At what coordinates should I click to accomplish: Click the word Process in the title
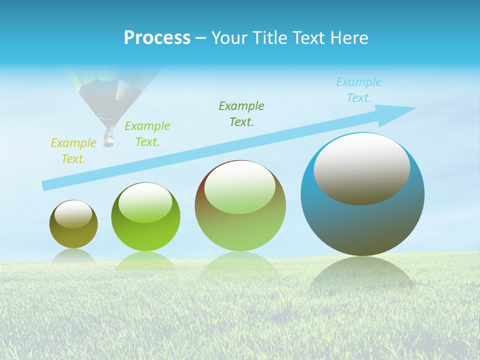click(x=157, y=38)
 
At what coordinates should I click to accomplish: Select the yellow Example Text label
click(x=73, y=151)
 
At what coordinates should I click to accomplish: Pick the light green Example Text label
click(x=147, y=134)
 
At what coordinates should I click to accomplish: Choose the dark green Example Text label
click(x=241, y=113)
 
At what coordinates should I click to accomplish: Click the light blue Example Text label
click(x=359, y=90)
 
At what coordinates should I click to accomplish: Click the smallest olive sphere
click(x=73, y=235)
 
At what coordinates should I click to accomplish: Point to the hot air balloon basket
click(x=108, y=138)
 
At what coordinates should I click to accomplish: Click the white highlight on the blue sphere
click(x=361, y=167)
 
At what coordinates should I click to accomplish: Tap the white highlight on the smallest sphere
click(x=73, y=213)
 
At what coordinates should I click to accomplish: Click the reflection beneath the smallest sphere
click(x=73, y=255)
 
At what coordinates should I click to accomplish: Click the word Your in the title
click(x=229, y=38)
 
